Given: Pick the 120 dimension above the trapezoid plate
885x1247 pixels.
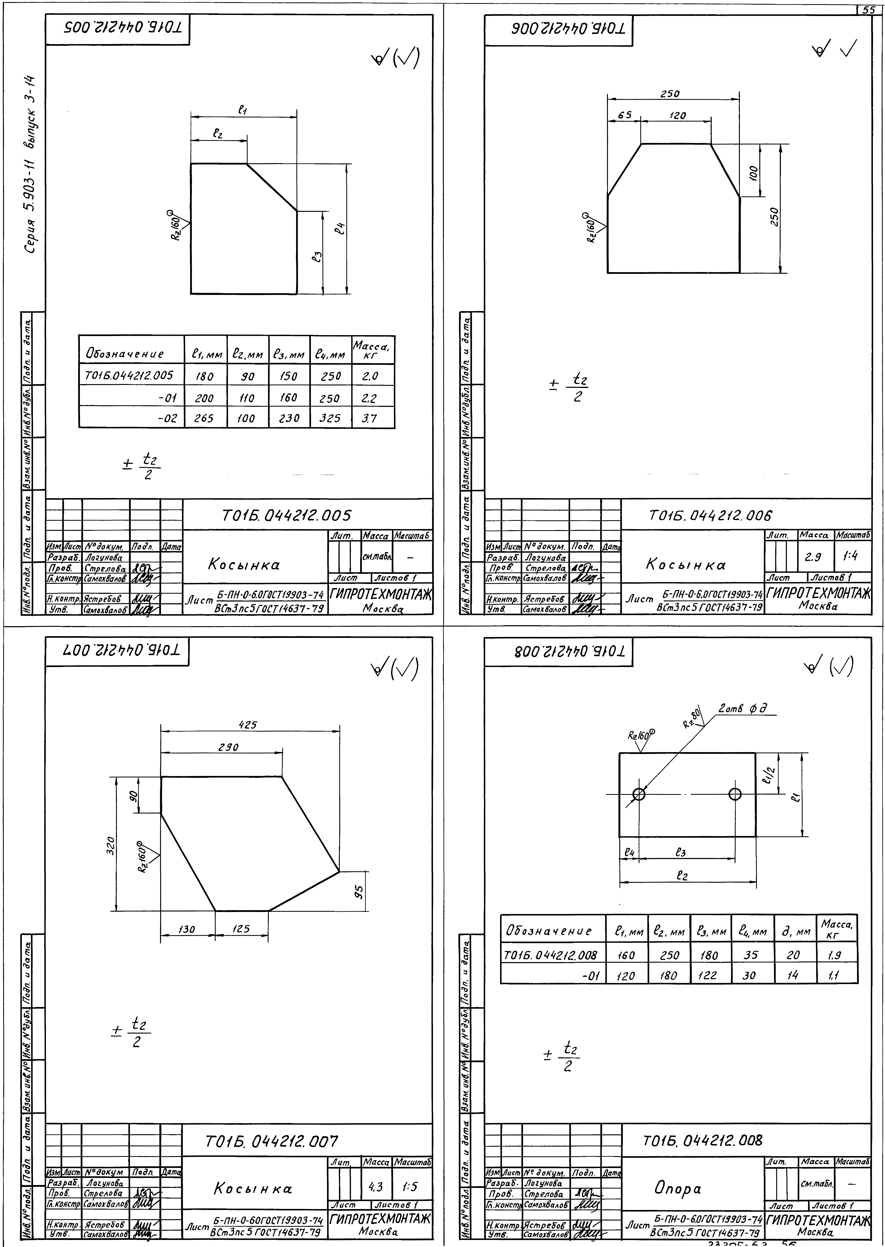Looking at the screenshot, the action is [677, 115].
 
